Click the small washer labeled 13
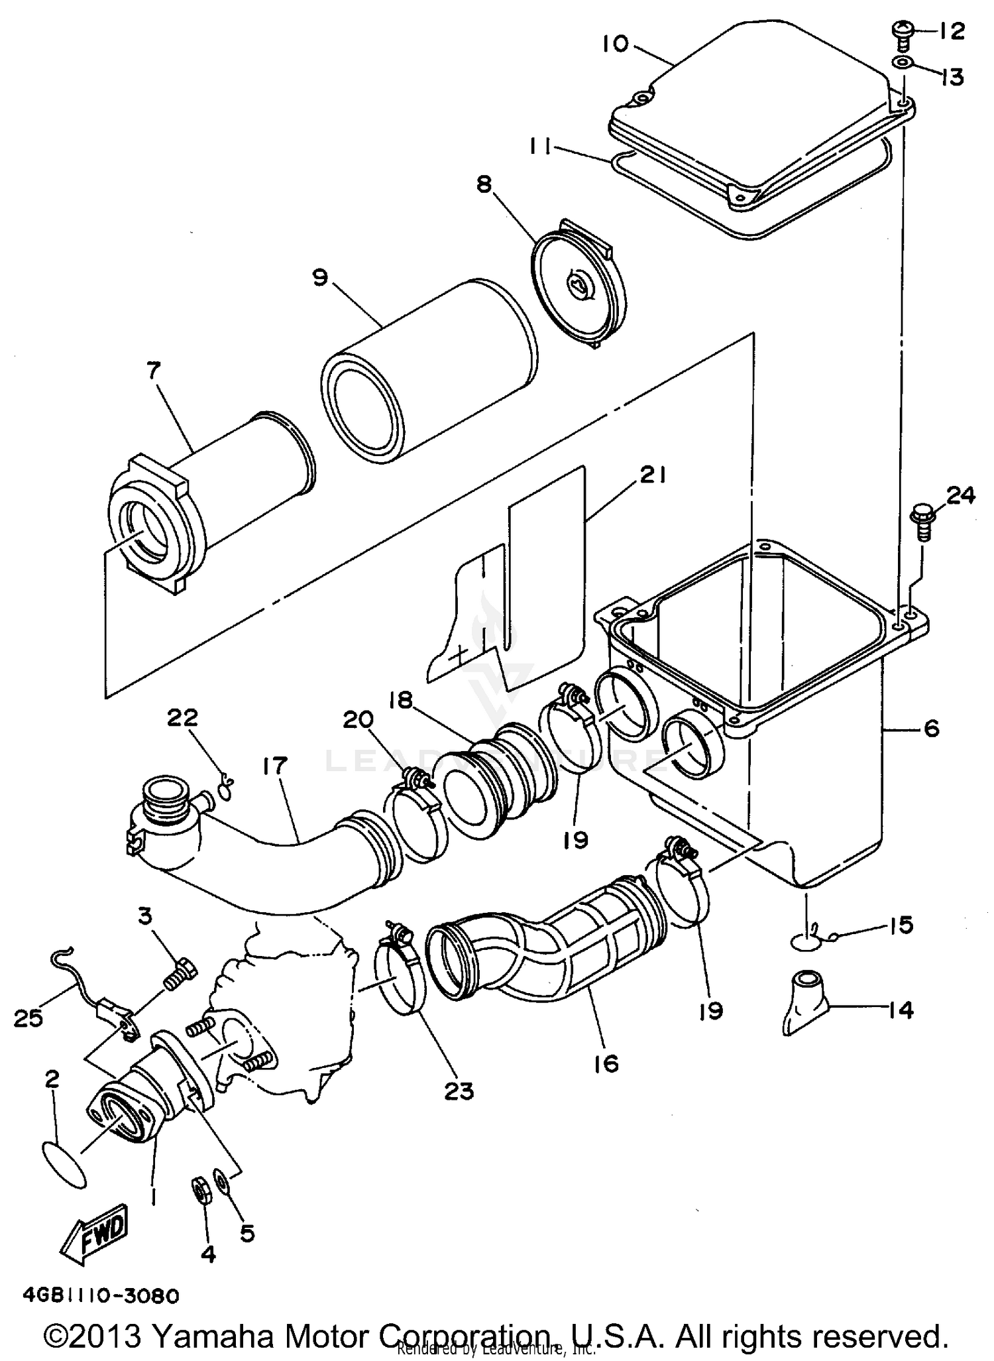(902, 63)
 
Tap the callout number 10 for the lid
(615, 44)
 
